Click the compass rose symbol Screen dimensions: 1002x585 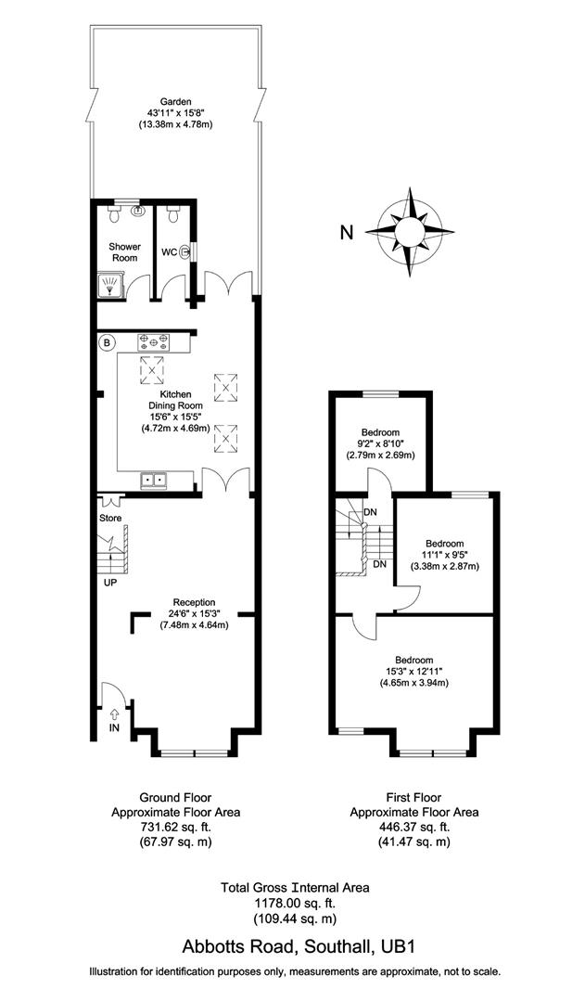point(409,232)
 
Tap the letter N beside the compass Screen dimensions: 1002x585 point(346,233)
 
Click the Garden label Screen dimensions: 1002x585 point(175,102)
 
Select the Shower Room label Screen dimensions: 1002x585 point(125,252)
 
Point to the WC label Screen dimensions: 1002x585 point(170,251)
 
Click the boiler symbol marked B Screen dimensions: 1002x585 point(108,343)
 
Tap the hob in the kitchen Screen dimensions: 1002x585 point(154,341)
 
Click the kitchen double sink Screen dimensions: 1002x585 point(154,480)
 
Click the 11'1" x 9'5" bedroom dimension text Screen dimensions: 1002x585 point(443,554)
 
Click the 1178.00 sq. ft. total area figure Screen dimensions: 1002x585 point(294,903)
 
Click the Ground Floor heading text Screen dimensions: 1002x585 point(175,797)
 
